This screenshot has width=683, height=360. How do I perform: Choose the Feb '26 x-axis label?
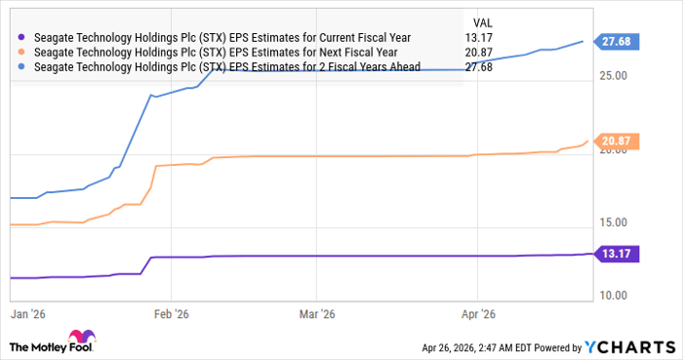[172, 315]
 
